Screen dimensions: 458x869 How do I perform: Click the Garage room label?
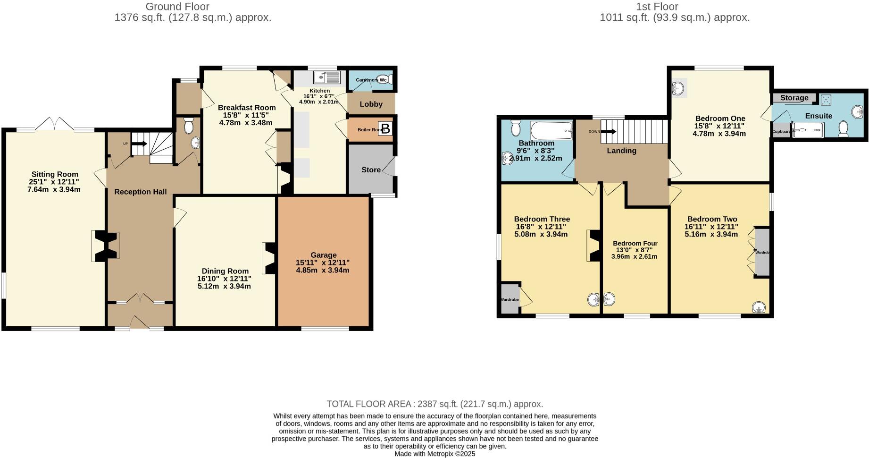[323, 255]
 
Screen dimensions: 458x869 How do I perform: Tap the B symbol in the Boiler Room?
[385, 128]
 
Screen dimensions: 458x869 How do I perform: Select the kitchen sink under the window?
[327, 77]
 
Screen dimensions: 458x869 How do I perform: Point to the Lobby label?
[371, 104]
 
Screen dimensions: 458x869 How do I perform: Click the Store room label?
[371, 170]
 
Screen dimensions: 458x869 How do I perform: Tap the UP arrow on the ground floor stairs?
[139, 144]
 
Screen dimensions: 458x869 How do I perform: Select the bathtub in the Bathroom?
[551, 129]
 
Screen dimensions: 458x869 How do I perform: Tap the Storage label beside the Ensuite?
[794, 98]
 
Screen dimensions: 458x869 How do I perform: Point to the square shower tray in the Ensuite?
[825, 100]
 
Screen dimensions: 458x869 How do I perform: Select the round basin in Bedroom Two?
[758, 308]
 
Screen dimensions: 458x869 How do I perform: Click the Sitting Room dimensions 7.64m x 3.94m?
[54, 190]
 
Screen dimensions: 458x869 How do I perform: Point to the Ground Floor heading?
[177, 7]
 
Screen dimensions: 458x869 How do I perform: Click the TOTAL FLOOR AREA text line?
[434, 404]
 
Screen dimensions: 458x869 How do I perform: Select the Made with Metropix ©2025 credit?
[434, 454]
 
